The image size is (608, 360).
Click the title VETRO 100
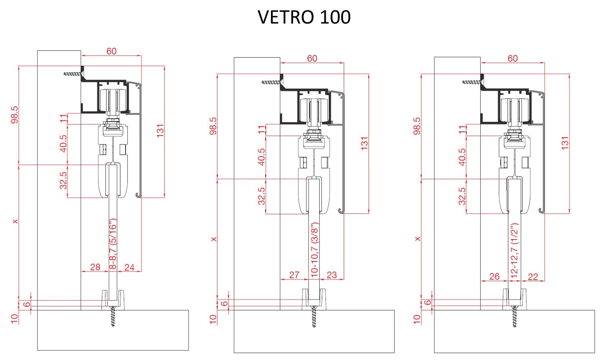pyautogui.click(x=304, y=17)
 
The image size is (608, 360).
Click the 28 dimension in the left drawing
pyautogui.click(x=95, y=267)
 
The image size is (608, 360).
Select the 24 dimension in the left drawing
pyautogui.click(x=129, y=267)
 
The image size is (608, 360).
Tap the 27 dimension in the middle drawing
pyautogui.click(x=294, y=275)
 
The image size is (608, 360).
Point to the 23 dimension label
pyautogui.click(x=332, y=275)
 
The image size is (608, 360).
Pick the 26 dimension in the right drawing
pyautogui.click(x=494, y=277)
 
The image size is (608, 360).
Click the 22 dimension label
pyautogui.click(x=533, y=277)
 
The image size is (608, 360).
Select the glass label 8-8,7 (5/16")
pyautogui.click(x=113, y=244)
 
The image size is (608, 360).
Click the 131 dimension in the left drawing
pyautogui.click(x=160, y=130)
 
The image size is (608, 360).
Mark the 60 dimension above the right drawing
pyautogui.click(x=512, y=58)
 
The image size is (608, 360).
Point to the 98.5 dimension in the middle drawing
pyautogui.click(x=213, y=126)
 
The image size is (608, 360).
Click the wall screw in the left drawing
pyautogui.click(x=73, y=74)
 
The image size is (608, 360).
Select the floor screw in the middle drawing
pyautogui.click(x=314, y=317)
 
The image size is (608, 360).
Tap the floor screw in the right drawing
pyautogui.click(x=514, y=317)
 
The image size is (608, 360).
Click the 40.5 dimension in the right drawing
pyautogui.click(x=462, y=157)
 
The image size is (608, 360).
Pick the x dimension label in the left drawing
pyautogui.click(x=15, y=221)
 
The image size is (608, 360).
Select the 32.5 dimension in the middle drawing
pyautogui.click(x=261, y=196)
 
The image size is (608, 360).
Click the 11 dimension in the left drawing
pyautogui.click(x=63, y=119)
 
